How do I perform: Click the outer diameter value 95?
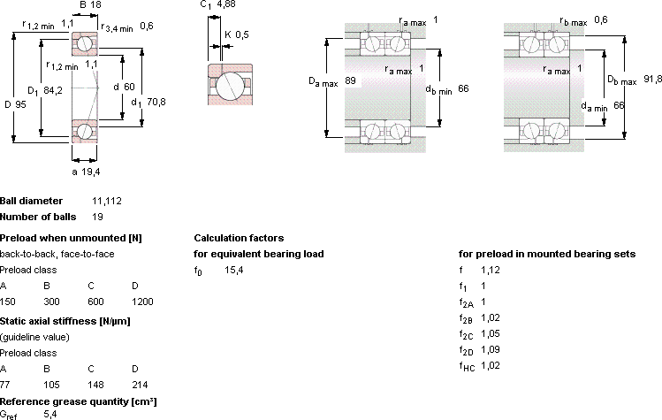click(x=20, y=104)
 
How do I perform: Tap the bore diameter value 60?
click(x=129, y=87)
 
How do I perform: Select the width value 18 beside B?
click(x=95, y=4)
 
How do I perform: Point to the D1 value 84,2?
click(x=53, y=90)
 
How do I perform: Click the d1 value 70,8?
click(x=156, y=102)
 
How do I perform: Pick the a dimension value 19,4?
click(x=91, y=172)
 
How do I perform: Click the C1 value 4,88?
click(x=226, y=4)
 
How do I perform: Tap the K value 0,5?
click(x=242, y=34)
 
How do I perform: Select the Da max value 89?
click(x=350, y=80)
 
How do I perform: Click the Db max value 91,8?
click(x=652, y=79)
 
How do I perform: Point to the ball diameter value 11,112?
click(x=107, y=201)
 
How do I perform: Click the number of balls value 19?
click(x=97, y=217)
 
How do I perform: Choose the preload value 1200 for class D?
click(x=142, y=302)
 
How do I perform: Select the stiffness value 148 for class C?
click(x=95, y=385)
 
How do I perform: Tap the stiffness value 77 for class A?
click(x=4, y=385)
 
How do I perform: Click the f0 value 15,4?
click(x=234, y=270)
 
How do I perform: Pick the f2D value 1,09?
click(x=491, y=349)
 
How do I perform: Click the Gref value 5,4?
click(x=50, y=414)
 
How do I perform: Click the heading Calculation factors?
click(x=239, y=238)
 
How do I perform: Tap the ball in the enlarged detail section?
click(x=230, y=86)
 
